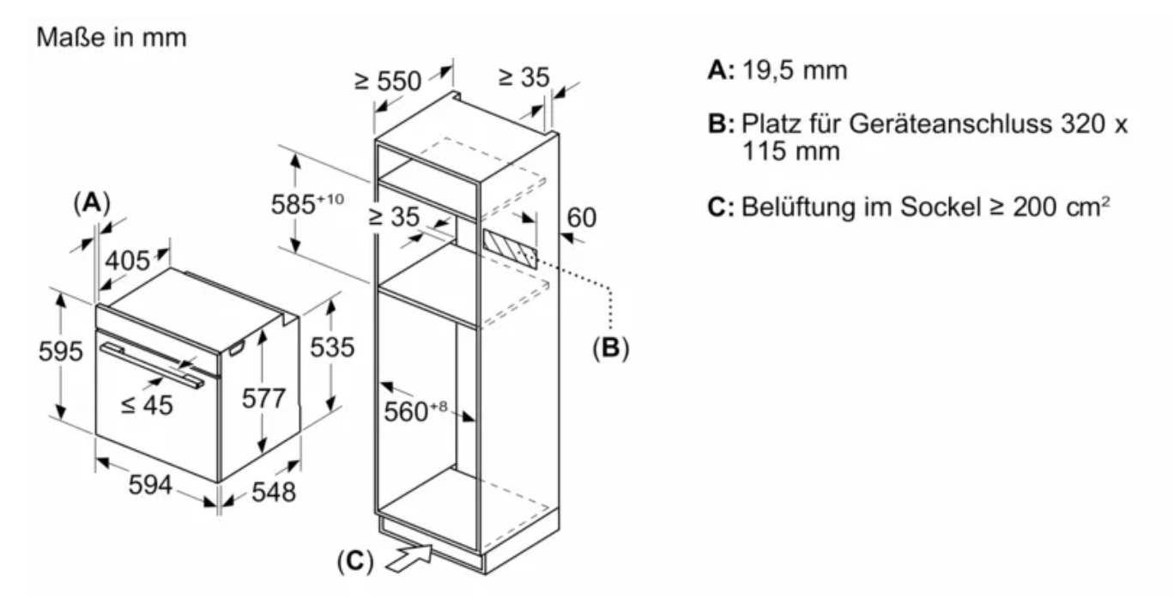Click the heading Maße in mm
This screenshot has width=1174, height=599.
click(x=111, y=39)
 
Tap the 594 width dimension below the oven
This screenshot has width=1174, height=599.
click(x=151, y=485)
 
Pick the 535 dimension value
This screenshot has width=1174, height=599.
click(x=331, y=348)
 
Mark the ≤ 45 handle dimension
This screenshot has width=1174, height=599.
click(x=147, y=404)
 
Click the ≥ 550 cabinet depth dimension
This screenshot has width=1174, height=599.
click(x=389, y=81)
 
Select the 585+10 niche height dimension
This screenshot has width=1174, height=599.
click(x=307, y=205)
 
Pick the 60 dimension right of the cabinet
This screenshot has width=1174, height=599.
click(x=581, y=218)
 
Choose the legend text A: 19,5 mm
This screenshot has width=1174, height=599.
click(x=778, y=70)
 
